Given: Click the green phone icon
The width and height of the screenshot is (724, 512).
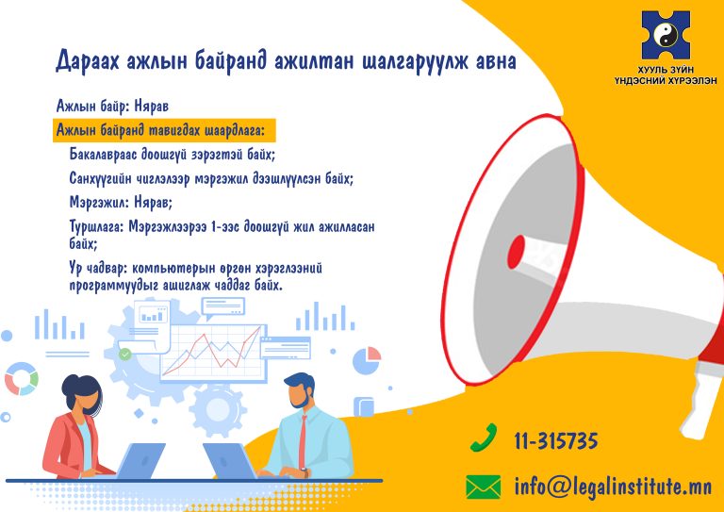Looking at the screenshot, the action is tap(484, 438).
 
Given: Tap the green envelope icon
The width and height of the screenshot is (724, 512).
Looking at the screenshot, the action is tap(483, 487).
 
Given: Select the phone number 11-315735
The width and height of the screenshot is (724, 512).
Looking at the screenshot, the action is tap(556, 441).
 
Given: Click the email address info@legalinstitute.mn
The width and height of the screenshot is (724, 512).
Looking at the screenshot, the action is tap(613, 487).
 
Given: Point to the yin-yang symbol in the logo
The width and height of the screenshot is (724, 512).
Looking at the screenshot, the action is tap(666, 35).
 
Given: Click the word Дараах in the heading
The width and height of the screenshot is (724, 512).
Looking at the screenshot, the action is tap(85, 61).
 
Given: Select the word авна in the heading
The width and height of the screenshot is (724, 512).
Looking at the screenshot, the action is tap(493, 61).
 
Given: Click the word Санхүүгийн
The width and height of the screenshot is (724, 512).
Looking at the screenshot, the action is tap(102, 178).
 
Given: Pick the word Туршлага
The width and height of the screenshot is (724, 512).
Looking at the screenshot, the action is tap(95, 227).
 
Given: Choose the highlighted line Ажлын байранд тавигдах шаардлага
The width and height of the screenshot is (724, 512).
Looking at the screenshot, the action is tap(160, 131).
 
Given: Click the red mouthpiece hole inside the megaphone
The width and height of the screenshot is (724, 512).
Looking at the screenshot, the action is tap(516, 252).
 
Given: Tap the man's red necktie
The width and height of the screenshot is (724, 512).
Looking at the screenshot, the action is tap(303, 442).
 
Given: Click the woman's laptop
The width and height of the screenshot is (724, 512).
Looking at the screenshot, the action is tap(140, 461).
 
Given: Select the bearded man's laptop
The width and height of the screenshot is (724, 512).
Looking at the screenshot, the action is tap(229, 461).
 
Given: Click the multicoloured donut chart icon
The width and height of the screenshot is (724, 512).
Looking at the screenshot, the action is tap(22, 378).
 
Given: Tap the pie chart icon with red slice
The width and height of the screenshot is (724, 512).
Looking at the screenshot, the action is tap(367, 360).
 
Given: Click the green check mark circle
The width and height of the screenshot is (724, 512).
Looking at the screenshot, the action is tap(124, 355).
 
